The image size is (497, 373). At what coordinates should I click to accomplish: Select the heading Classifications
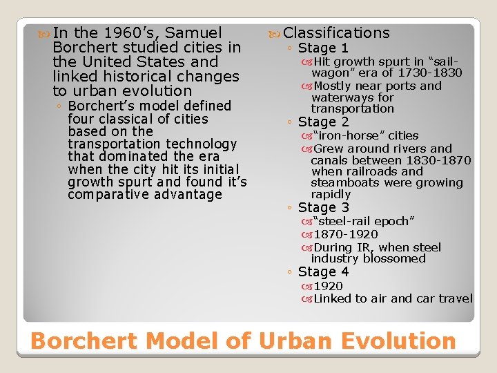tap(336, 32)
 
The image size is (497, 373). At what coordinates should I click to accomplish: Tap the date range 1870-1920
tap(346, 234)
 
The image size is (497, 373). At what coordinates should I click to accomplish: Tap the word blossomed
tap(396, 259)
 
